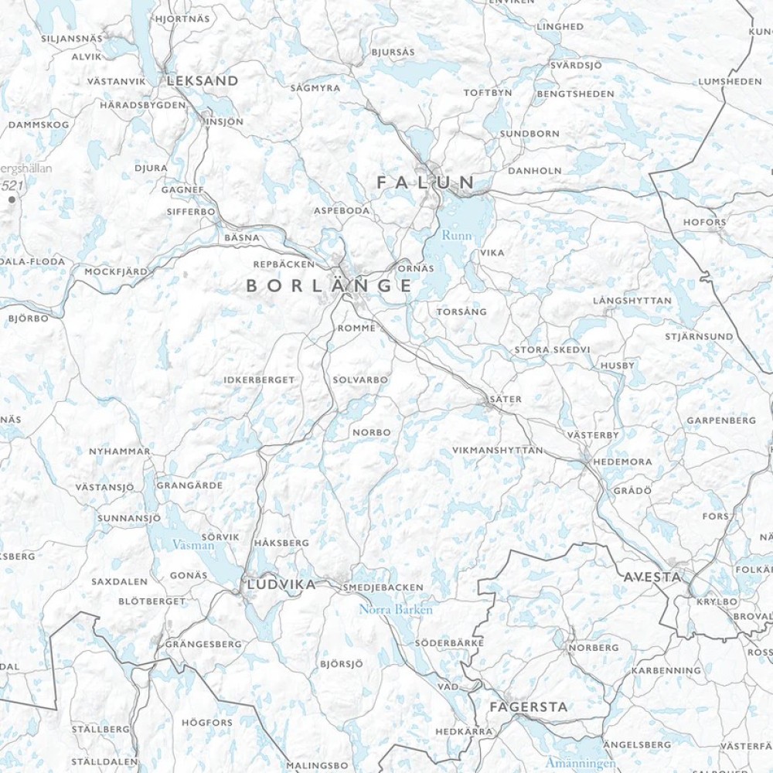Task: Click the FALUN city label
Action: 426,182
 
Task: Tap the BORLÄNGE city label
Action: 329,286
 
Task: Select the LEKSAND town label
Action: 202,80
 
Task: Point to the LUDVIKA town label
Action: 281,585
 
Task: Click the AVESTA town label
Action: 652,577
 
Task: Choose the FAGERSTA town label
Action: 529,707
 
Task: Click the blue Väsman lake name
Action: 192,545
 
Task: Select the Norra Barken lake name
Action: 396,609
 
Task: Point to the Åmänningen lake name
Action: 581,763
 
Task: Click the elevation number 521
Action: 13,186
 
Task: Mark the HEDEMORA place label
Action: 622,461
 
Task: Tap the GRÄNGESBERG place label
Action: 203,644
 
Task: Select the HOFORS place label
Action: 704,223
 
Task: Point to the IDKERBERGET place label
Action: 259,380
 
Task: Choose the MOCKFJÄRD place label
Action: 115,272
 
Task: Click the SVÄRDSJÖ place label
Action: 576,65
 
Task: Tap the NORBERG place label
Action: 594,648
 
